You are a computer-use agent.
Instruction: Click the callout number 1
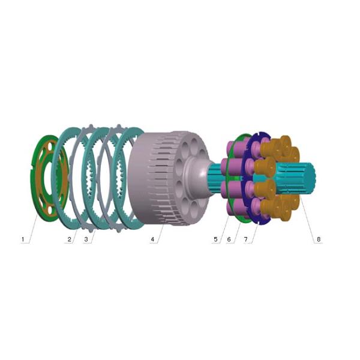click(23, 239)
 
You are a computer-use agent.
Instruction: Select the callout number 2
click(70, 239)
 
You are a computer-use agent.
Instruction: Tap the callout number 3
click(86, 239)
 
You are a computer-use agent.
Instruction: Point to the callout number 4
click(152, 239)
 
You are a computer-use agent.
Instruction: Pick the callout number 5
click(215, 239)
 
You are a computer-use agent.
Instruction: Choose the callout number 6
click(229, 239)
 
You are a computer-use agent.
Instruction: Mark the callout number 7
click(245, 239)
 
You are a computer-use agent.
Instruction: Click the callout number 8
click(319, 239)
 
